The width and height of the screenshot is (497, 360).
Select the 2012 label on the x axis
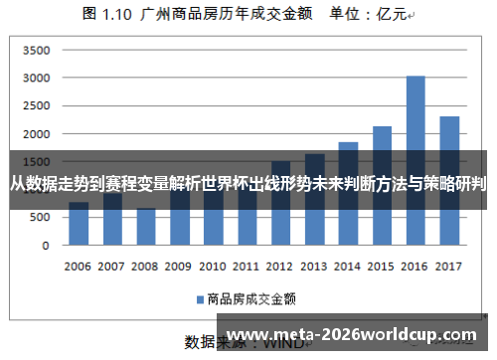(x=280, y=267)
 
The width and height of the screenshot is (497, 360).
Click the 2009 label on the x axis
(x=179, y=267)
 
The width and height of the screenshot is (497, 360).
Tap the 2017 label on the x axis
(x=449, y=267)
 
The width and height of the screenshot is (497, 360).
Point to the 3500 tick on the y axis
(x=36, y=50)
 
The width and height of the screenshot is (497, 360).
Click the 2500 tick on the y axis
(x=36, y=105)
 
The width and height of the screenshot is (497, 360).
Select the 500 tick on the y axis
(x=40, y=218)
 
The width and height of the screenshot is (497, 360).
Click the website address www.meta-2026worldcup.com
(x=356, y=331)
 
